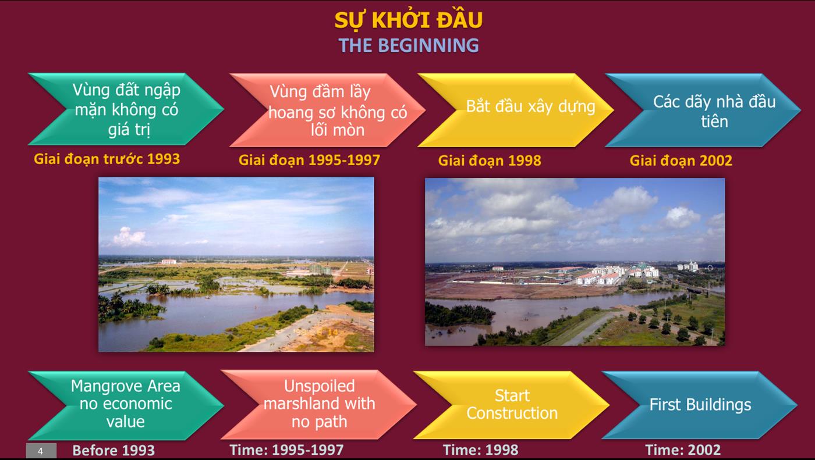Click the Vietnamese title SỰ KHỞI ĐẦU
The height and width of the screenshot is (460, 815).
[x=408, y=20]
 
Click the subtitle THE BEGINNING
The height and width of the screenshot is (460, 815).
[x=409, y=45]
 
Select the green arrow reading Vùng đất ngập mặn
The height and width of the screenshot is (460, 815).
[x=126, y=109]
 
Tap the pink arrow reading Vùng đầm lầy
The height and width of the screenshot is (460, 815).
[x=327, y=110]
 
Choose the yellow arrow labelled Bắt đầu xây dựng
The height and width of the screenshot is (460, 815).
[x=516, y=110]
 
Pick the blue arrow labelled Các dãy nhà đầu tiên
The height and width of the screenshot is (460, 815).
[x=703, y=110]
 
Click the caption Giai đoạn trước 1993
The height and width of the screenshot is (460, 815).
[x=107, y=159]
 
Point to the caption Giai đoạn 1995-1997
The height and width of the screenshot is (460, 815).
[x=309, y=161]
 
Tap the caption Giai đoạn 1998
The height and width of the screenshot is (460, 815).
[x=490, y=161]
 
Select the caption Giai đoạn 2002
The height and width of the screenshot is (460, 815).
[x=681, y=161]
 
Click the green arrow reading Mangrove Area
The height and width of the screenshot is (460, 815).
[x=126, y=405]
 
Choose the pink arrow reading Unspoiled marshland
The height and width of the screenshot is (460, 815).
[x=319, y=404]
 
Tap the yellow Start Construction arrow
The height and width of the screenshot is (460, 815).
[x=512, y=405]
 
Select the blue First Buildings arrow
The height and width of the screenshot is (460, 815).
[x=700, y=405]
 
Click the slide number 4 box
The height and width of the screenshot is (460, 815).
[x=41, y=451]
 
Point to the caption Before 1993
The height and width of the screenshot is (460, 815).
[x=114, y=451]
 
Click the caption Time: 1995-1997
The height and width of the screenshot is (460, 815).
[x=286, y=450]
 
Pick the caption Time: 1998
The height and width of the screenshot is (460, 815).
[x=480, y=450]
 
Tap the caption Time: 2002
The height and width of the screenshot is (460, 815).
[x=683, y=450]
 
